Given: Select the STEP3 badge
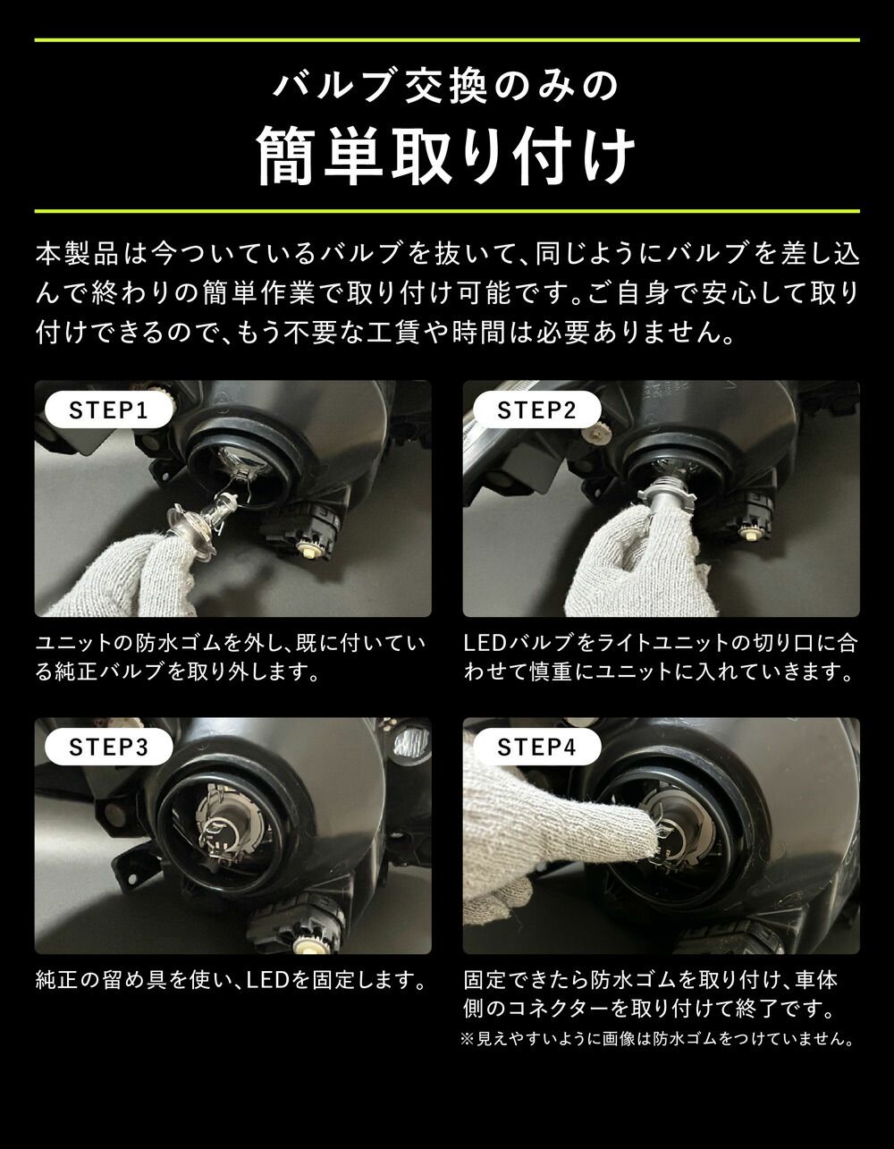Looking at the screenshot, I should click(107, 747).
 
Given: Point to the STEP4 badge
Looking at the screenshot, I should click(536, 747).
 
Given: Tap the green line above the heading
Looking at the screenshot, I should click(447, 40).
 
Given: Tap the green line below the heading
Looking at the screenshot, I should click(447, 211).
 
